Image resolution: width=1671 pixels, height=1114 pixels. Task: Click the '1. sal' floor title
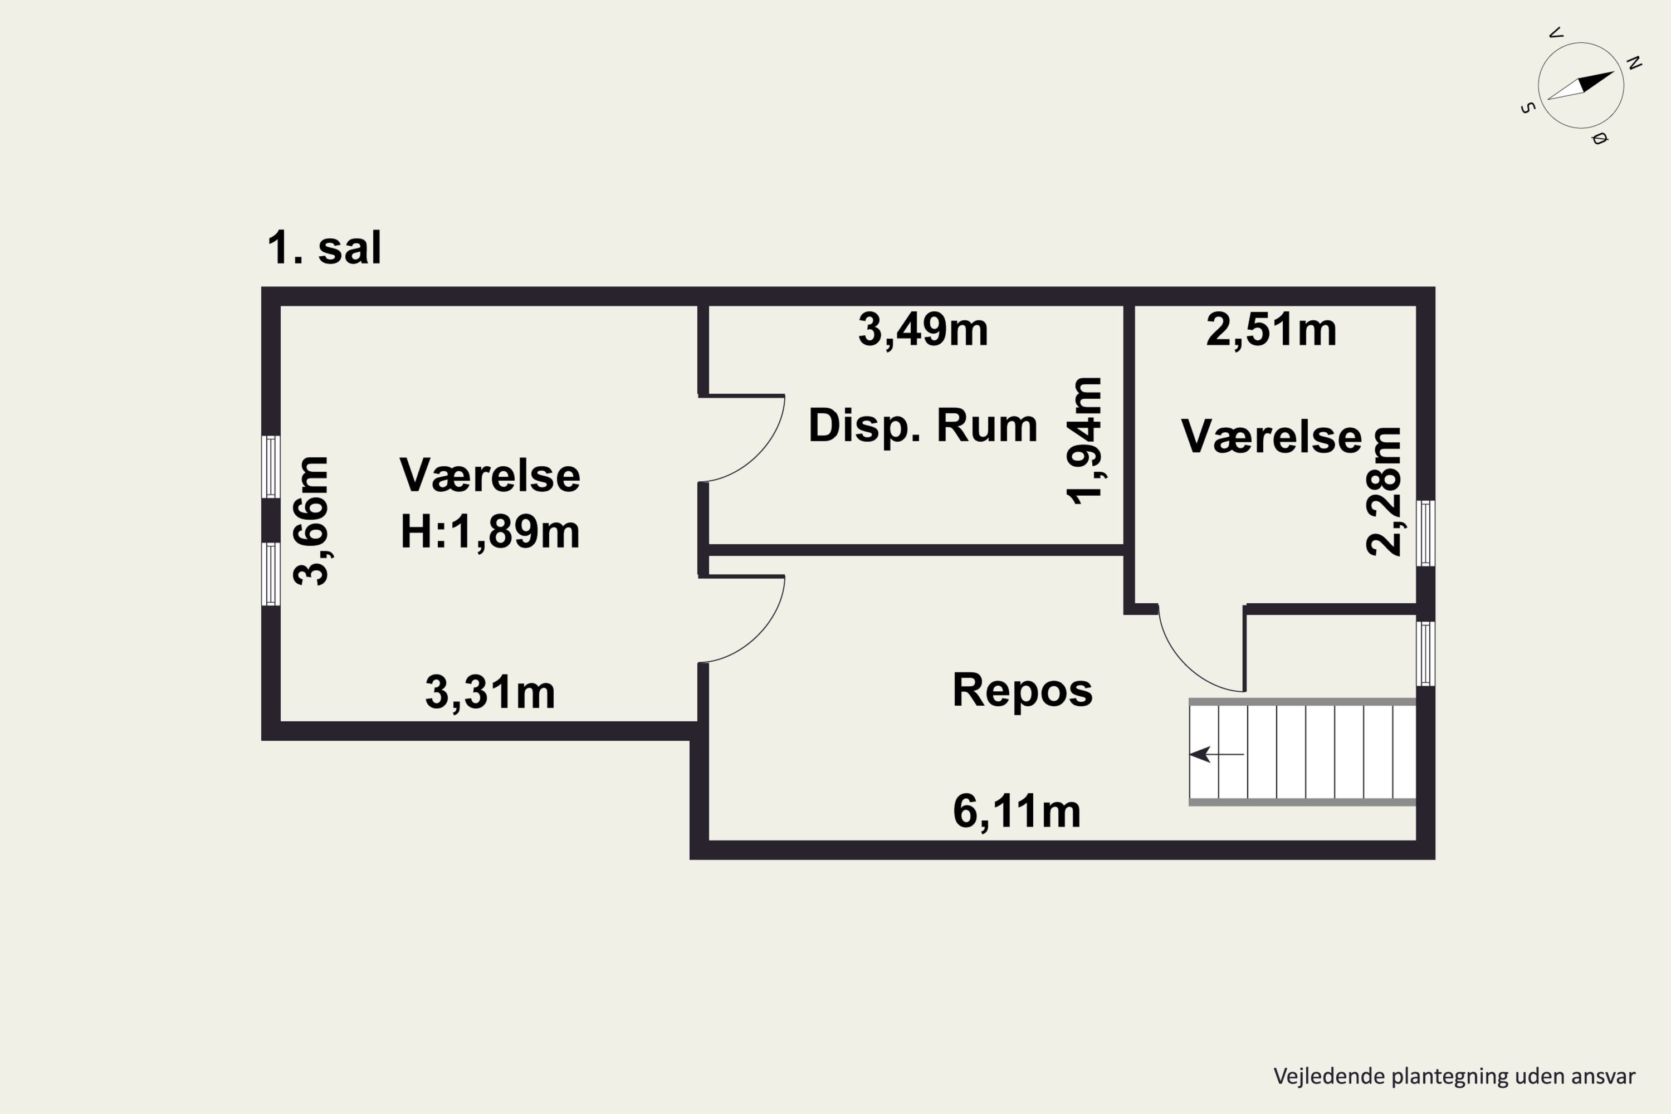324,248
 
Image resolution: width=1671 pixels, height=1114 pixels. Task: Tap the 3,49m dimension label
923,330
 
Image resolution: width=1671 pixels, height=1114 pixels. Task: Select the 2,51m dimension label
1271,330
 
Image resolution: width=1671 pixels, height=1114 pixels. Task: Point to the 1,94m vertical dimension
1085,441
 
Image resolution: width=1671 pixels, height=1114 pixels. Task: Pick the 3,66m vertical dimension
312,521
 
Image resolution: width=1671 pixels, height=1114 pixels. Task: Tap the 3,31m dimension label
490,693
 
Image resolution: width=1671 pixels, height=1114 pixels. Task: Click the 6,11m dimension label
1017,812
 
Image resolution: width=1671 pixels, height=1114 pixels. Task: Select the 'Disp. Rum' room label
923,426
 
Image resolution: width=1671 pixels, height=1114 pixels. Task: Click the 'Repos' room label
1022,690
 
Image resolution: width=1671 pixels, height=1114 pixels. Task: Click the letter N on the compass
1634,63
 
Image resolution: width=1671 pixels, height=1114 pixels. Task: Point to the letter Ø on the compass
1599,139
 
